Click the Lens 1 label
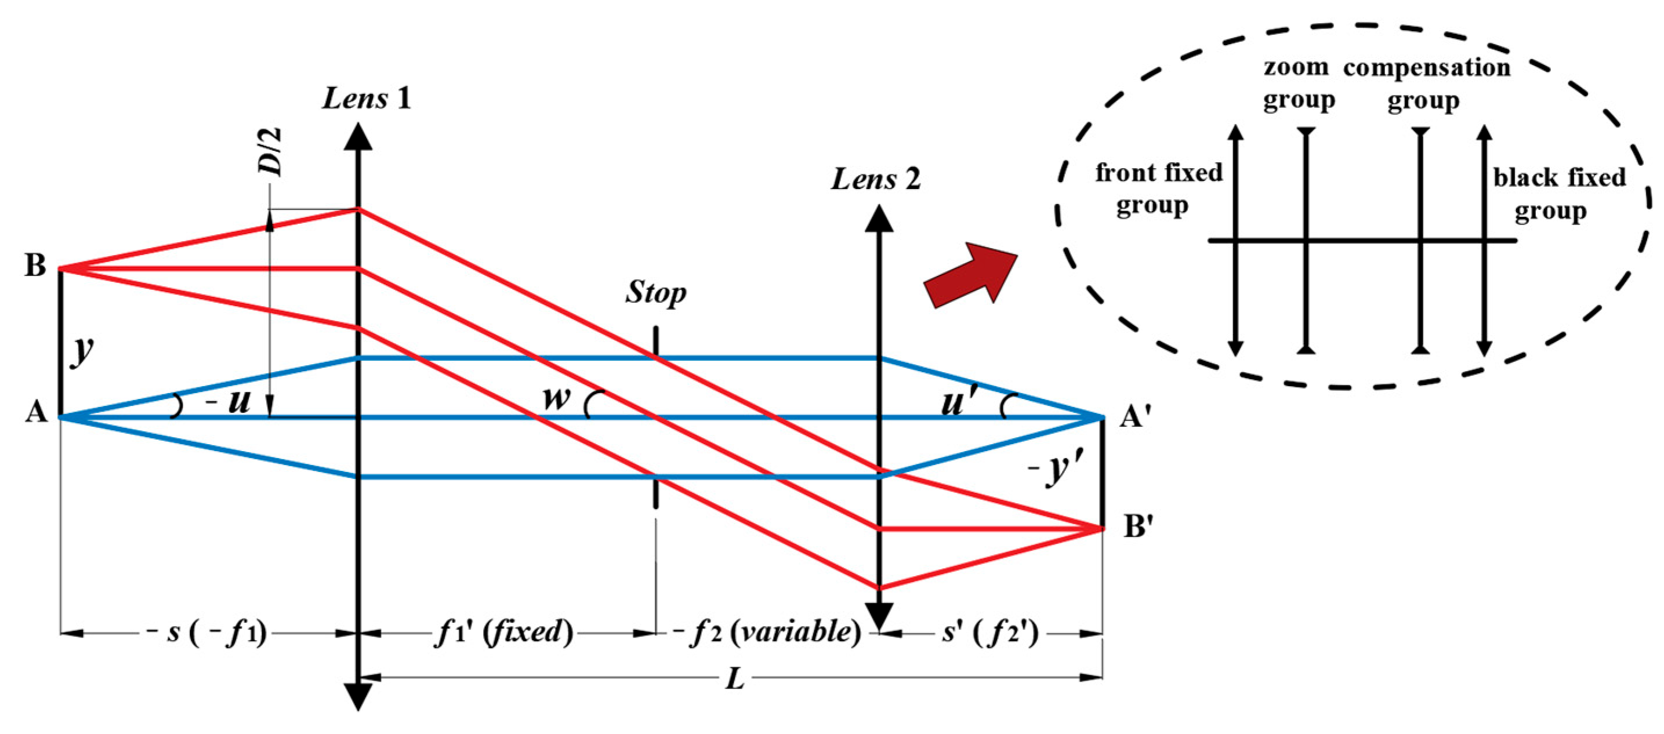pyautogui.click(x=366, y=99)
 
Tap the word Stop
pyautogui.click(x=655, y=292)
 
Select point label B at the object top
pyautogui.click(x=35, y=266)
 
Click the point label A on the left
pyautogui.click(x=36, y=412)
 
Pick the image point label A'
pyautogui.click(x=1136, y=416)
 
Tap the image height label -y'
pyautogui.click(x=1054, y=468)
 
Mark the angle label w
pyautogui.click(x=556, y=398)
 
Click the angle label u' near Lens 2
pyautogui.click(x=960, y=403)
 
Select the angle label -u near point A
pyautogui.click(x=229, y=402)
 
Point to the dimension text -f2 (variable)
pyautogui.click(x=767, y=632)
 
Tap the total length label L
pyautogui.click(x=734, y=678)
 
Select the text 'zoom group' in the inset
pyautogui.click(x=1298, y=84)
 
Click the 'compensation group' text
pyautogui.click(x=1426, y=84)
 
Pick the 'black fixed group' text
pyautogui.click(x=1558, y=194)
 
